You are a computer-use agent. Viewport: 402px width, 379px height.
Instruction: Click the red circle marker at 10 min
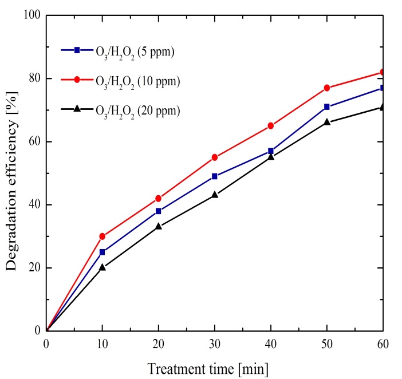click(x=103, y=236)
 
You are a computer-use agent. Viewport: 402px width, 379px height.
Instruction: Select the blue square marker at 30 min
click(x=215, y=176)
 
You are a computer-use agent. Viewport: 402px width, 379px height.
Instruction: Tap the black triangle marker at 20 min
click(x=159, y=226)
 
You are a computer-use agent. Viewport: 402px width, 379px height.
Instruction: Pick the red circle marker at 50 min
click(x=327, y=88)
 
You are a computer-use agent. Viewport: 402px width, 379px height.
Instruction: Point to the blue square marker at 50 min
click(x=327, y=107)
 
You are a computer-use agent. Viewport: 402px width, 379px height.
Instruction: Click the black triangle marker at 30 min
click(x=215, y=195)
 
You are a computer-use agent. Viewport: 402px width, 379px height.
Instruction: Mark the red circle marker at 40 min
click(x=271, y=125)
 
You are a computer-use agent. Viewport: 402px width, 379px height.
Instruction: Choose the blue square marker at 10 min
click(x=103, y=252)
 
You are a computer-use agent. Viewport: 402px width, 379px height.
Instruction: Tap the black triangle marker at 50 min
click(x=327, y=122)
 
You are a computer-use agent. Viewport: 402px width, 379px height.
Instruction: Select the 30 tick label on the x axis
click(x=215, y=342)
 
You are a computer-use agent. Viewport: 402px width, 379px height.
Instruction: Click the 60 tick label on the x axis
click(x=383, y=342)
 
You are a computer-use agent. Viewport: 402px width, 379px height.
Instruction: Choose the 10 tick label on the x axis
click(x=103, y=342)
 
